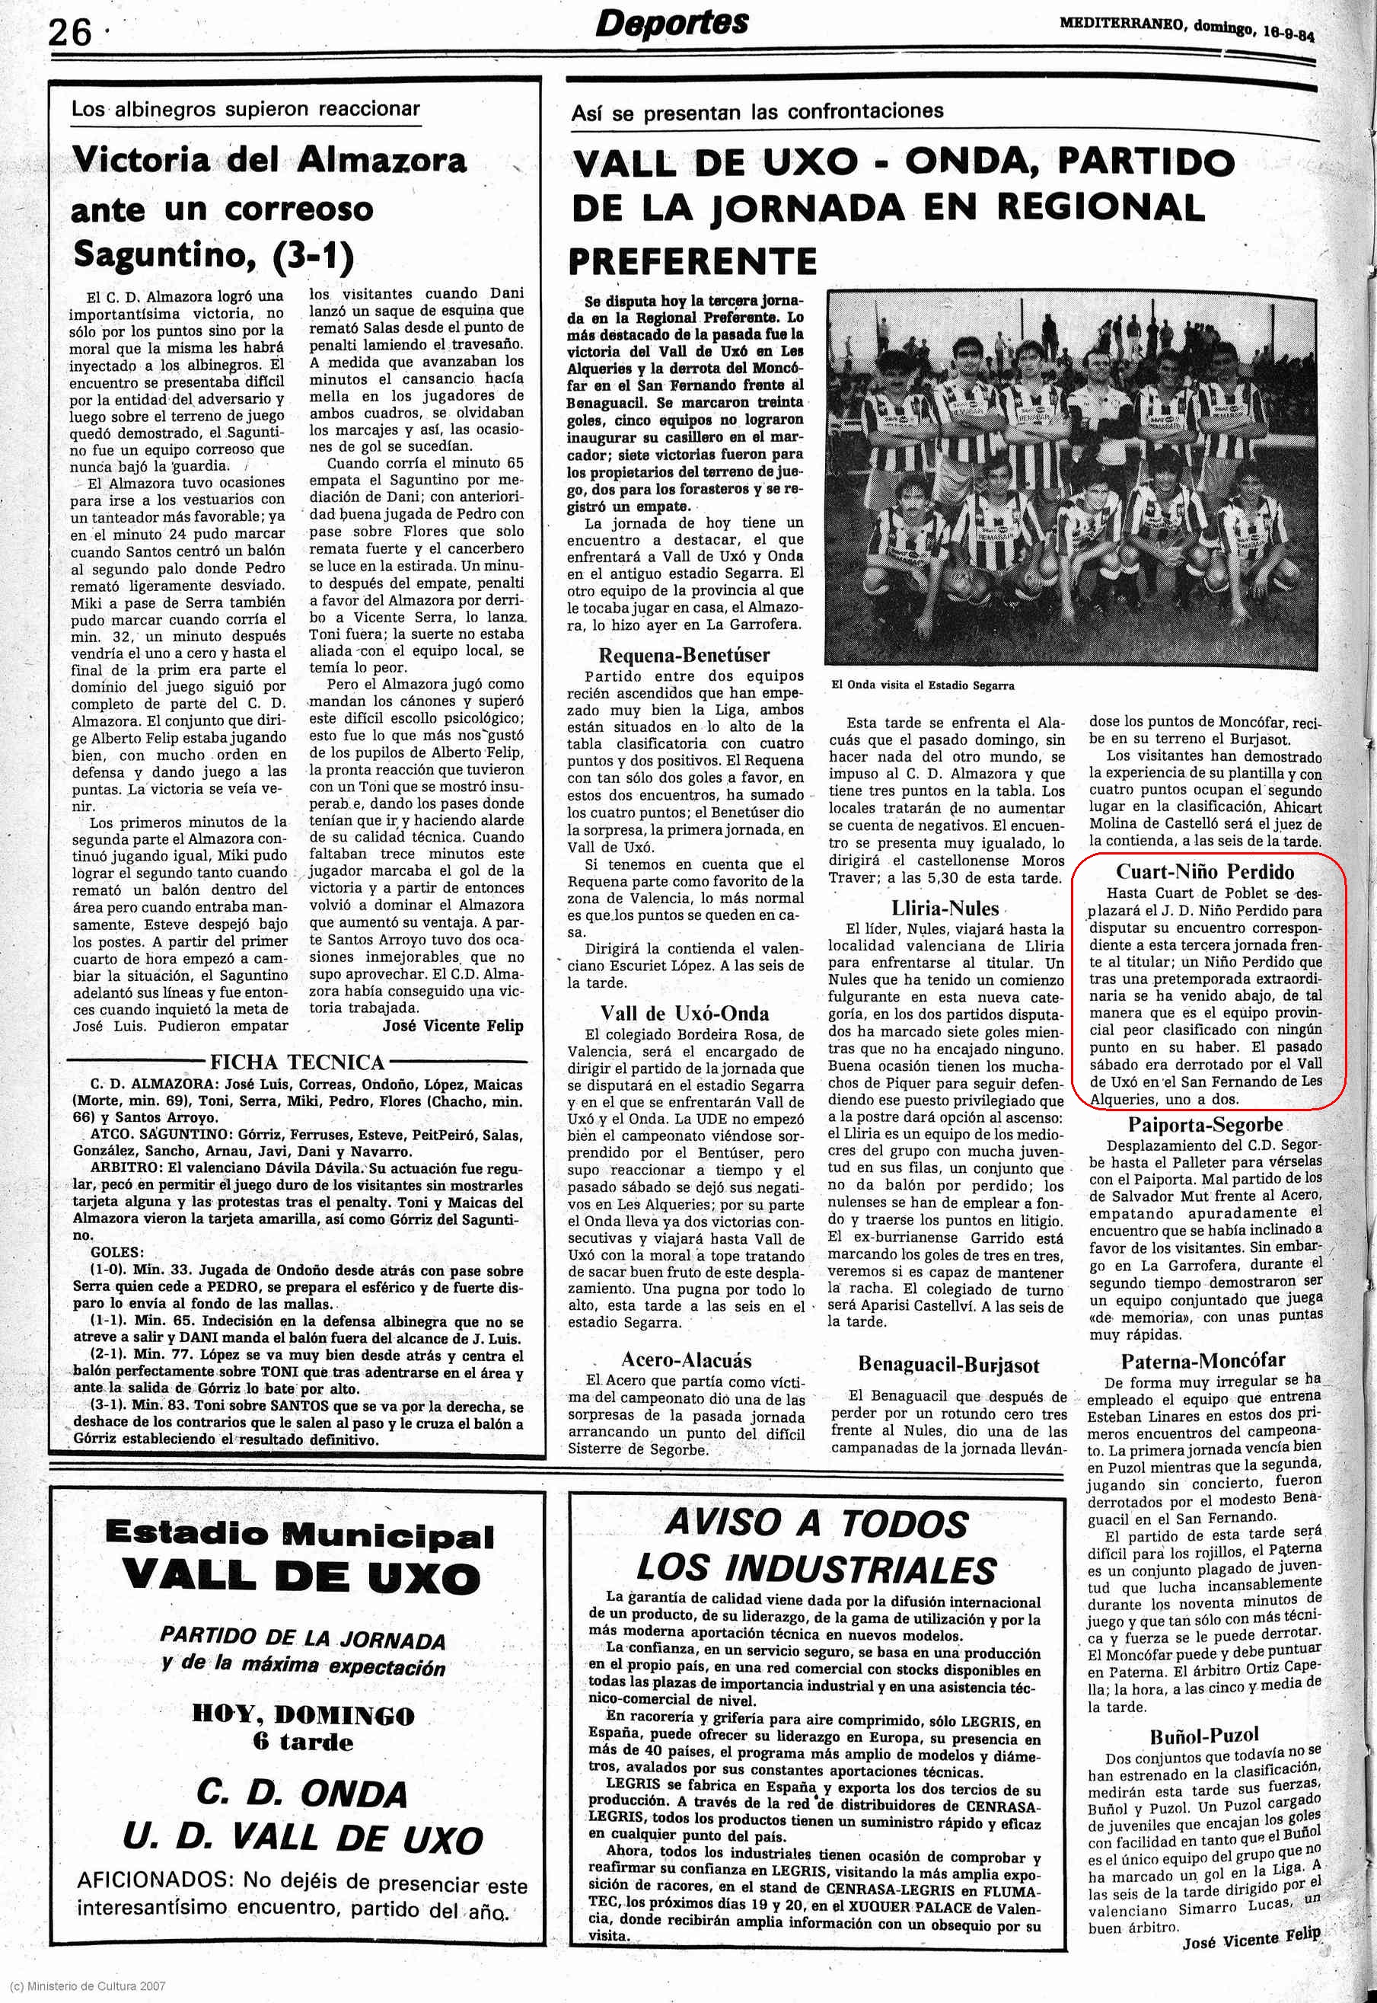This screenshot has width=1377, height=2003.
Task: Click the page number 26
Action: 69,34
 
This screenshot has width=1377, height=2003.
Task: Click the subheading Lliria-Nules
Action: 945,908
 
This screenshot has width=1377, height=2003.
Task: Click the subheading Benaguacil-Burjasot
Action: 948,1364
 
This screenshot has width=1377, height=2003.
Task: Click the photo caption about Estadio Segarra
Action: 923,685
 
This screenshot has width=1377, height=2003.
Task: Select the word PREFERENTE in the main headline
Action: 692,260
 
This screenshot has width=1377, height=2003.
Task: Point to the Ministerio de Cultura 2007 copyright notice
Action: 84,1985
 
